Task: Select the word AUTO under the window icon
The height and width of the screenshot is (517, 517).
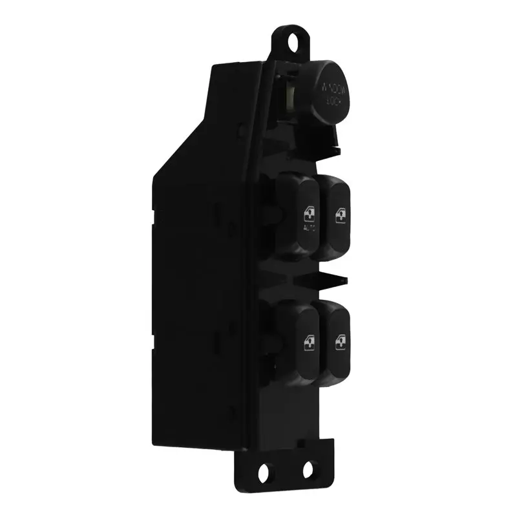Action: [x=309, y=228]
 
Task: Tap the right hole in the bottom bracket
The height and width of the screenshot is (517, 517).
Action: [x=308, y=469]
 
